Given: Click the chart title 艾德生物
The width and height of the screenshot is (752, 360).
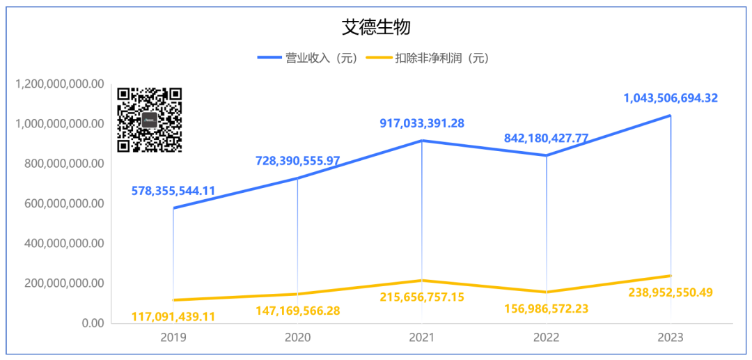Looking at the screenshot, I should coord(376,27).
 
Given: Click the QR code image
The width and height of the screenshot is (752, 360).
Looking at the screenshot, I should coord(150,120).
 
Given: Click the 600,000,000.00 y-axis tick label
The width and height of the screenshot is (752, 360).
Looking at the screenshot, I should coord(64,204).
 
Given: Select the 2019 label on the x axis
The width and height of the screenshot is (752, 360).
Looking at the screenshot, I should coord(173,338).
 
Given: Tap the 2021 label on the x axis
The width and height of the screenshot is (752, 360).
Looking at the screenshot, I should coord(422,338).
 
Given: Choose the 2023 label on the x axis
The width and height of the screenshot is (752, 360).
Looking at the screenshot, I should coord(670,338).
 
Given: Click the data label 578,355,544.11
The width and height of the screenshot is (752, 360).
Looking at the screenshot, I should coord(173,190).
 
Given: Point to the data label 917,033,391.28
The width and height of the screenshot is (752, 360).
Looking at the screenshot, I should coord(422,123).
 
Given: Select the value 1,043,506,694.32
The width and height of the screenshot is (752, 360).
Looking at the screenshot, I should coord(671,98).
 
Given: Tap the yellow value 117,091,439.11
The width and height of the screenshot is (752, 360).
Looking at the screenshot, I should coord(173,317).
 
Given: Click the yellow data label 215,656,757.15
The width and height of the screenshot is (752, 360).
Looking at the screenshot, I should coord(422,297).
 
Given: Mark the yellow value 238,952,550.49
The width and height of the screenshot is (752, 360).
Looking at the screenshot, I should coord(671,292).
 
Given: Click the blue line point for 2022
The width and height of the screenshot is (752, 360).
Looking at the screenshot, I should coord(547,155).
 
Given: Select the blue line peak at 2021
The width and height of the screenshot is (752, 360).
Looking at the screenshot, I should coord(422,141).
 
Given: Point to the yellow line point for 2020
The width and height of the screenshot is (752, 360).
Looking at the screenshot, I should coord(298,294).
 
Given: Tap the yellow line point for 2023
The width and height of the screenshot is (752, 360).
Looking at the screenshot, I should coord(671,276).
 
